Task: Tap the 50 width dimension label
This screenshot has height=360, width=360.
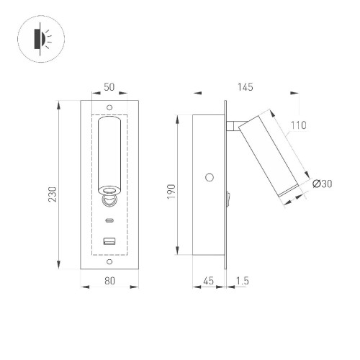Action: pos(110,87)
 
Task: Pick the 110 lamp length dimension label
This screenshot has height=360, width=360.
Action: pos(298,125)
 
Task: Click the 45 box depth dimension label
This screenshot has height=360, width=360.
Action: pos(209,282)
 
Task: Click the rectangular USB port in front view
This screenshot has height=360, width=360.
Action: pos(110,241)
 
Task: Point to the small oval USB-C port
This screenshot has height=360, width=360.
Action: pos(110,220)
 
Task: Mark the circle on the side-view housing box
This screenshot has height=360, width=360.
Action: pos(210,176)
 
